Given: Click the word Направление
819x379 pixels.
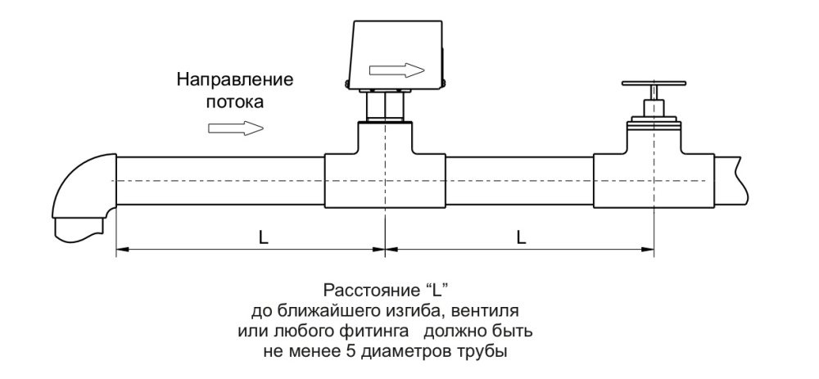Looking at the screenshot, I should click(235, 81).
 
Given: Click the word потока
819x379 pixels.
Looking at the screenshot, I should click(235, 103).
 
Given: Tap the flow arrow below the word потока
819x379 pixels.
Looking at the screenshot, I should click(237, 128).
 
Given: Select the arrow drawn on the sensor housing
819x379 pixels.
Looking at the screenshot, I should click(397, 69).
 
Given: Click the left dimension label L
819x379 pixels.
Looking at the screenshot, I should click(262, 237).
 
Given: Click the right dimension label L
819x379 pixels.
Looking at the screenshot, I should click(521, 237).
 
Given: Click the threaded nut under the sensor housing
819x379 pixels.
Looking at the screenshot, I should click(384, 106).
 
